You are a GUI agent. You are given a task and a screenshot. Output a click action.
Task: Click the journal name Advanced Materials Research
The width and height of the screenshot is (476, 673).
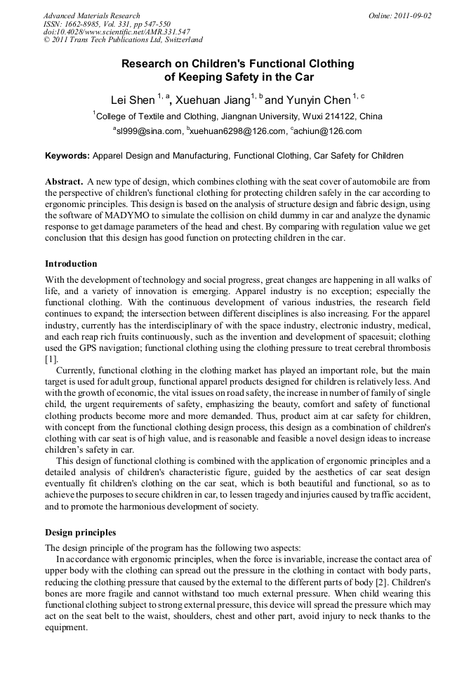(x=91, y=15)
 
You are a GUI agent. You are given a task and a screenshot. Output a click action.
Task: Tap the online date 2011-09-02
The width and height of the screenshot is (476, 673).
(x=413, y=15)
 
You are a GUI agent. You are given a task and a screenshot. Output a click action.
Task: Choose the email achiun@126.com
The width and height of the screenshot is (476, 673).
(x=329, y=131)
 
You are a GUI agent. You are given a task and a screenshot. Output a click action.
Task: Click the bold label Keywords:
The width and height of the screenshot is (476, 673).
(x=67, y=156)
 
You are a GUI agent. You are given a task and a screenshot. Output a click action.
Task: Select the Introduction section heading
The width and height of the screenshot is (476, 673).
(x=71, y=264)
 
